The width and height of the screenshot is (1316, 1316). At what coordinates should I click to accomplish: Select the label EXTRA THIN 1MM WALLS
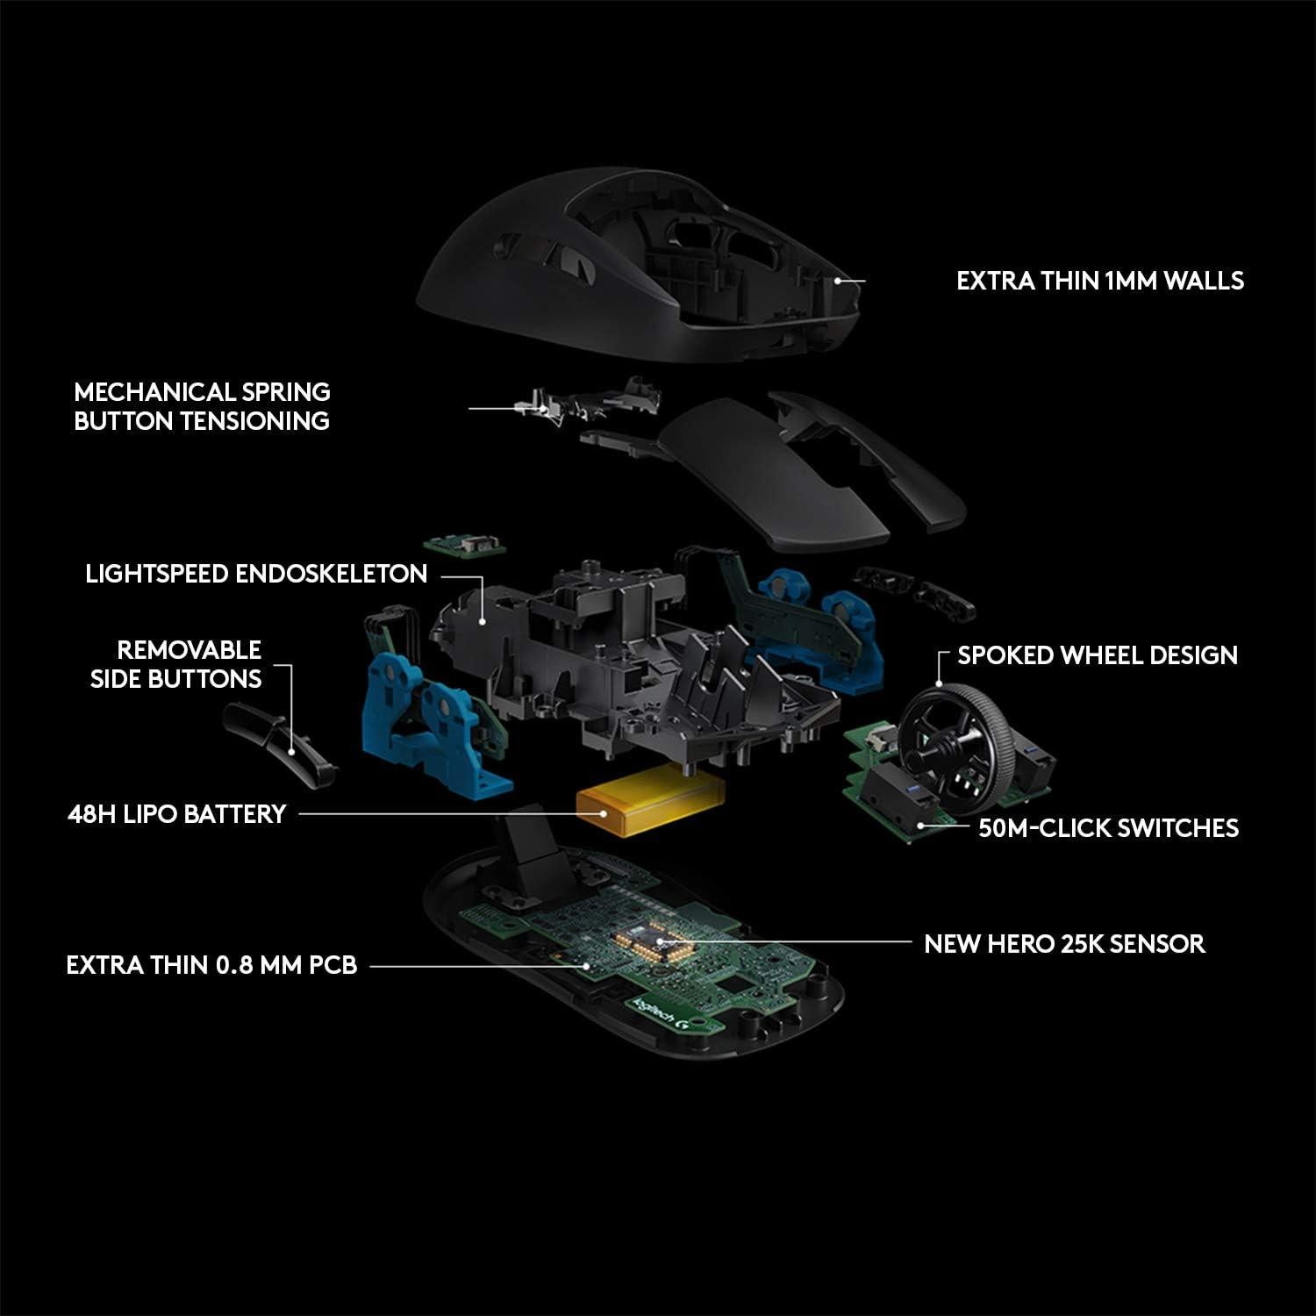[x=1099, y=281]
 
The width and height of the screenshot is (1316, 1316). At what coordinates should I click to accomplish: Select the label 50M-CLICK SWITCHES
[x=1108, y=827]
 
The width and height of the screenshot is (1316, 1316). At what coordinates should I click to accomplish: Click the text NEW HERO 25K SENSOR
[x=1063, y=944]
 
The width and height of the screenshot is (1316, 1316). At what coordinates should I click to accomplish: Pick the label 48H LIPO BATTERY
[x=176, y=814]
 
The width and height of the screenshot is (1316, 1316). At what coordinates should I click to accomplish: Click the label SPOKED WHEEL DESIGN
[x=1097, y=655]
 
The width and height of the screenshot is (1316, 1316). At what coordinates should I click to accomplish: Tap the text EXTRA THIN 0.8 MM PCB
[x=211, y=966]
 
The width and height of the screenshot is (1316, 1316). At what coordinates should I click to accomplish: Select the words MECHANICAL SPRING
[x=202, y=391]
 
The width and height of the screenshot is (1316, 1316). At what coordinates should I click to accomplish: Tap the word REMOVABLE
[x=189, y=650]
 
